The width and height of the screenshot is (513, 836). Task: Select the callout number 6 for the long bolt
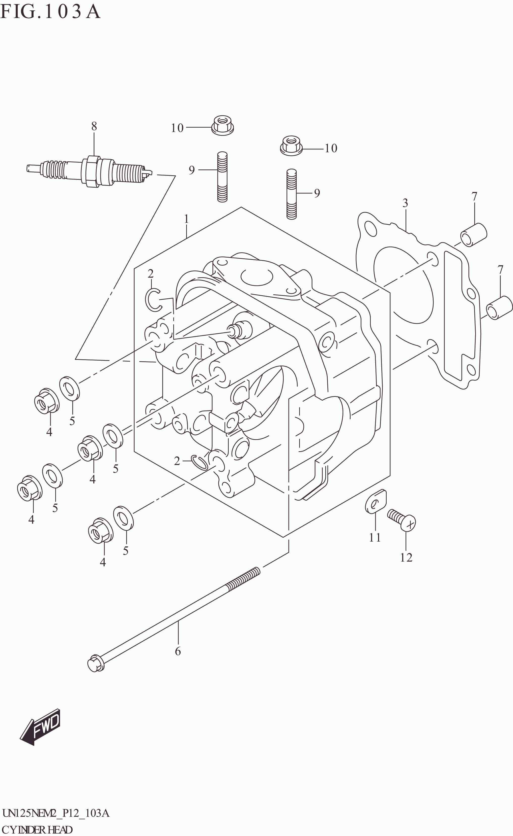pos(178,651)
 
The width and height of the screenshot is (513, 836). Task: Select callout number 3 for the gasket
pos(405,203)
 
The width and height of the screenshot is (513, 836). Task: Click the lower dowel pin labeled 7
pos(499,308)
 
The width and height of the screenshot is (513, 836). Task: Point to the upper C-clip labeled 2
pos(153,299)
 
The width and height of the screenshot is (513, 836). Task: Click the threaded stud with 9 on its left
pos(222,177)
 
